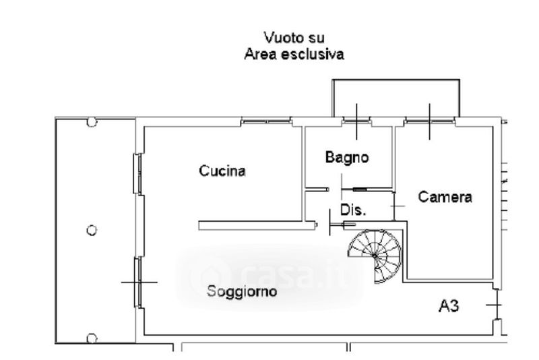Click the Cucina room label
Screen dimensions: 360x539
tap(222, 171)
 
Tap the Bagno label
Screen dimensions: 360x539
tap(347, 158)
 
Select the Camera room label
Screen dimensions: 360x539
tap(445, 197)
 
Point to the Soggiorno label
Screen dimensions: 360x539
tap(242, 293)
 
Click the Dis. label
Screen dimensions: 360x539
tap(353, 210)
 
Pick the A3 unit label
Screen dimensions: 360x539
tap(449, 307)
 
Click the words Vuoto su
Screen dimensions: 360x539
tap(294, 37)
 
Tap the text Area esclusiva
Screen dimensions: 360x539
tap(294, 55)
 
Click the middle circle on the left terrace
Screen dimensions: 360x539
tap(92, 230)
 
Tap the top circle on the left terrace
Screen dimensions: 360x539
tap(92, 122)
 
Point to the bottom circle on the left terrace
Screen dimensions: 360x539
tap(92, 338)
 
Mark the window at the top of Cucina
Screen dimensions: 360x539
tap(266, 122)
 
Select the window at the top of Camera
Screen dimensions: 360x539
tap(430, 121)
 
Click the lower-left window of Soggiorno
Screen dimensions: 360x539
tap(137, 282)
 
